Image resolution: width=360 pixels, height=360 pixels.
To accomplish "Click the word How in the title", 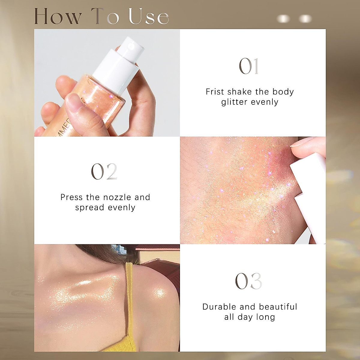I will pyautogui.click(x=58, y=16).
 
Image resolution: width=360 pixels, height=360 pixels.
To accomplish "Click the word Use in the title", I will pyautogui.click(x=149, y=16).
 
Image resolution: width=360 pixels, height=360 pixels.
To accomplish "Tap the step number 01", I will pyautogui.click(x=249, y=66).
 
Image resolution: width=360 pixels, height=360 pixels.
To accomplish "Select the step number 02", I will pyautogui.click(x=104, y=172).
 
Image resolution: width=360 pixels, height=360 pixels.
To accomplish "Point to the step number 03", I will pyautogui.click(x=249, y=281).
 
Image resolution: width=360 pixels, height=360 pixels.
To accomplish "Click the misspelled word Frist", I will pyautogui.click(x=215, y=92).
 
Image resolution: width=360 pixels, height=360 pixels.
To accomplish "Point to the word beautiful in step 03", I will pyautogui.click(x=278, y=307).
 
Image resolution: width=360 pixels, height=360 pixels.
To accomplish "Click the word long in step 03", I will pyautogui.click(x=265, y=317).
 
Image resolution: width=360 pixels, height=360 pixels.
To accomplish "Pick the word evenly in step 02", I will pyautogui.click(x=122, y=208).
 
